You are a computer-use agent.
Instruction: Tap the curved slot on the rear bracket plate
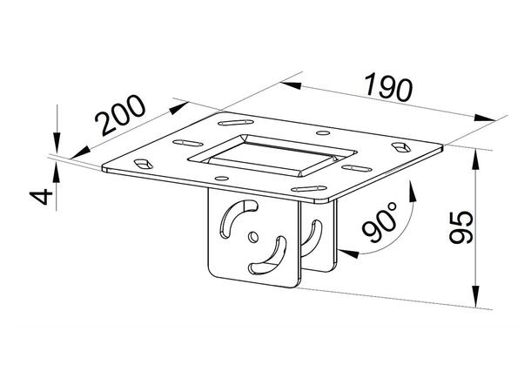(312, 237)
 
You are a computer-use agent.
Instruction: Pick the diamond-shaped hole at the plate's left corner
(140, 162)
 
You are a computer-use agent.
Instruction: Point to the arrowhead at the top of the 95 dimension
(477, 156)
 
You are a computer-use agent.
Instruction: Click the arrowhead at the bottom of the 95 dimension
(477, 300)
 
